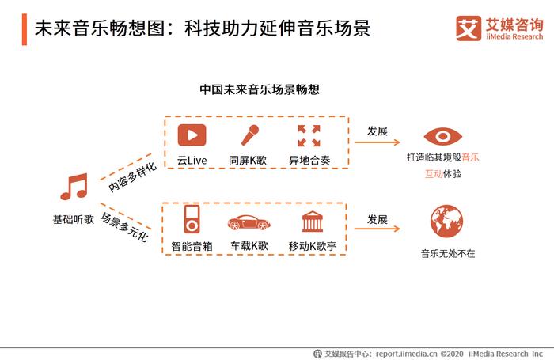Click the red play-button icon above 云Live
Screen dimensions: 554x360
click(192, 135)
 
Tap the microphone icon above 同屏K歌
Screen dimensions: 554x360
click(250, 135)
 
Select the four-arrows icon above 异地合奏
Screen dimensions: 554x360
click(309, 135)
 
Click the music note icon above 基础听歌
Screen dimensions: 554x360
click(74, 187)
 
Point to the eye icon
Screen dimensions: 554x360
click(442, 136)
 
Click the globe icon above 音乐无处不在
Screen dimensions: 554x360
click(446, 222)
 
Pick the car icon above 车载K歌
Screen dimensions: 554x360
click(249, 222)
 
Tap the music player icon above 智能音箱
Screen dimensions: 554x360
click(192, 219)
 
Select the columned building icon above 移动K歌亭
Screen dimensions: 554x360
click(313, 222)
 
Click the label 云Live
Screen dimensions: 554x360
click(192, 161)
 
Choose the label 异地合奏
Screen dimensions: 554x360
click(309, 161)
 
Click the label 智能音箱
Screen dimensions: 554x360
click(192, 246)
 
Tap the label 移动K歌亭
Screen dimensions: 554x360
click(313, 246)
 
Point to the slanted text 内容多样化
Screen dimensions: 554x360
click(132, 177)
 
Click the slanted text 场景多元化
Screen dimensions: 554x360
click(124, 227)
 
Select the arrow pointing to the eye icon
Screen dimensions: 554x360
click(377, 142)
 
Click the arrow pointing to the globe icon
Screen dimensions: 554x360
click(377, 229)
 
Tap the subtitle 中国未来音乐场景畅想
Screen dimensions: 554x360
click(260, 89)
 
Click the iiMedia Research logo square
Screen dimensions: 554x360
click(469, 28)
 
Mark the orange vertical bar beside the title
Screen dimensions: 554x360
click(25, 29)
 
